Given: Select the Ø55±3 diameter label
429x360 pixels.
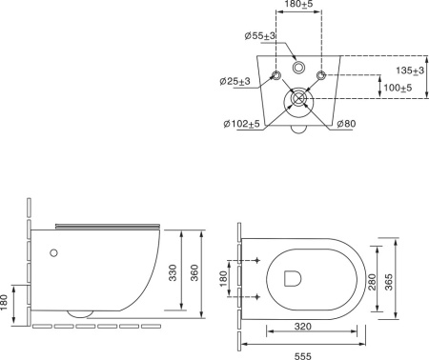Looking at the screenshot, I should [x=259, y=35].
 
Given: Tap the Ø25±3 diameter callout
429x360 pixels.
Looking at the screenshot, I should [x=233, y=81].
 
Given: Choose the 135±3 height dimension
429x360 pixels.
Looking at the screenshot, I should [x=410, y=70].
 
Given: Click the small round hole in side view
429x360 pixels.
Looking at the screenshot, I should [x=54, y=253].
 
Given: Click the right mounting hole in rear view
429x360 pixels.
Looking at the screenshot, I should [x=323, y=75].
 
